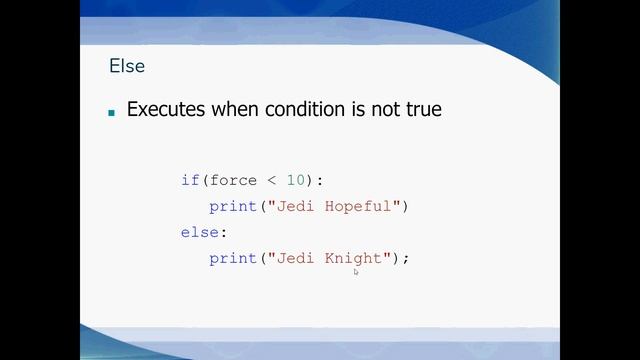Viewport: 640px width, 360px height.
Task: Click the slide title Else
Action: coord(127,67)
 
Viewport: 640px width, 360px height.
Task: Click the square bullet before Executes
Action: coord(112,112)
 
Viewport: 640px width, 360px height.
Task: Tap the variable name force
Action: coord(233,181)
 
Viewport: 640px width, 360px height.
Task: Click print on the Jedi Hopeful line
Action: coord(232,207)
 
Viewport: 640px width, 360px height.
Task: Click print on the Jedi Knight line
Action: coord(232,259)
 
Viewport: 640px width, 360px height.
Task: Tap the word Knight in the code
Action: coord(354,259)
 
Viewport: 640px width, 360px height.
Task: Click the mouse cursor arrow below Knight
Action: coord(356,271)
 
